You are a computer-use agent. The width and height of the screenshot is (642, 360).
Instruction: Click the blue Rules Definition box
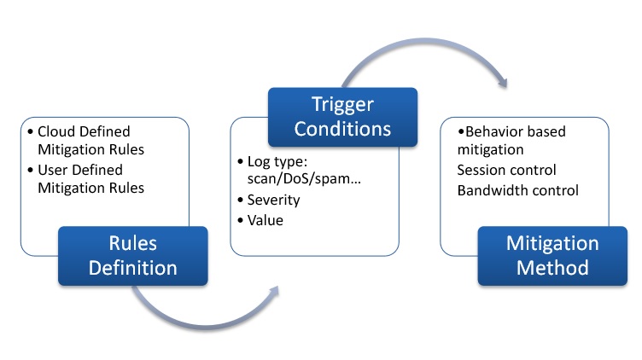tap(133, 256)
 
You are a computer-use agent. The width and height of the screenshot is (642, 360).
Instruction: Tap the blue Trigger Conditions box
tap(342, 117)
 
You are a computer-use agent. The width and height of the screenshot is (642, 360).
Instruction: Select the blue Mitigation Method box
tap(552, 256)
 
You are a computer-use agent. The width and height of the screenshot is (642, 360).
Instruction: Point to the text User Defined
tap(80, 170)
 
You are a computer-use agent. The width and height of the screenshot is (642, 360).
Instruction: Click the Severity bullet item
tap(273, 200)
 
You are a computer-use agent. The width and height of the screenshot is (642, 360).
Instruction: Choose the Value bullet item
tap(266, 220)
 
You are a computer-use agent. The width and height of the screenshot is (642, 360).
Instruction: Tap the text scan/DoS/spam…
tap(304, 178)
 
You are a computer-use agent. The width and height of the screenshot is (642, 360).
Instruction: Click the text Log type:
tap(277, 161)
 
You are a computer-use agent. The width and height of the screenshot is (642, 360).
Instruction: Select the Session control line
tap(506, 170)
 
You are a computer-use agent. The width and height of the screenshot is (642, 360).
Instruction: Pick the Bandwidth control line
tap(518, 190)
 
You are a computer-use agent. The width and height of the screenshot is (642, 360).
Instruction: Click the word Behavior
tap(491, 131)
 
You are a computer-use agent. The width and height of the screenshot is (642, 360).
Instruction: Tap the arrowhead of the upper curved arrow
tap(504, 82)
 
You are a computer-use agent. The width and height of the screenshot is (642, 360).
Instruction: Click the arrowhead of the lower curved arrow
tap(273, 291)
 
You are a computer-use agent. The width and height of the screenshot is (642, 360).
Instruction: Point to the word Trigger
tap(342, 105)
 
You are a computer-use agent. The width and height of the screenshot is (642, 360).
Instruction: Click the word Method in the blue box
tap(552, 268)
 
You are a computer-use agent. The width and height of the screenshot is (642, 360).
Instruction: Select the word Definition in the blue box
tap(133, 268)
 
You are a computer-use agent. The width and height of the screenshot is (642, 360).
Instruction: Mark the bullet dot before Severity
tap(241, 200)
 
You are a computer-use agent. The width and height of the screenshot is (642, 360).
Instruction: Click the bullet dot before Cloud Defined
tap(30, 131)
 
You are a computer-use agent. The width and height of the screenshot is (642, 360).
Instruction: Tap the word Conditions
tap(342, 129)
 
